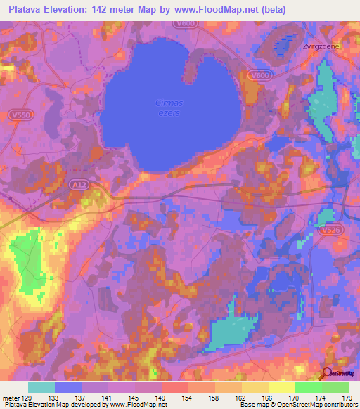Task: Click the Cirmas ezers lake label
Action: tap(169, 108)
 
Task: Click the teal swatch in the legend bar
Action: tap(41, 387)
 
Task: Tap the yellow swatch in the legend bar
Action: tap(281, 387)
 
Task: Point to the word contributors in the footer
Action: tap(337, 405)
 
